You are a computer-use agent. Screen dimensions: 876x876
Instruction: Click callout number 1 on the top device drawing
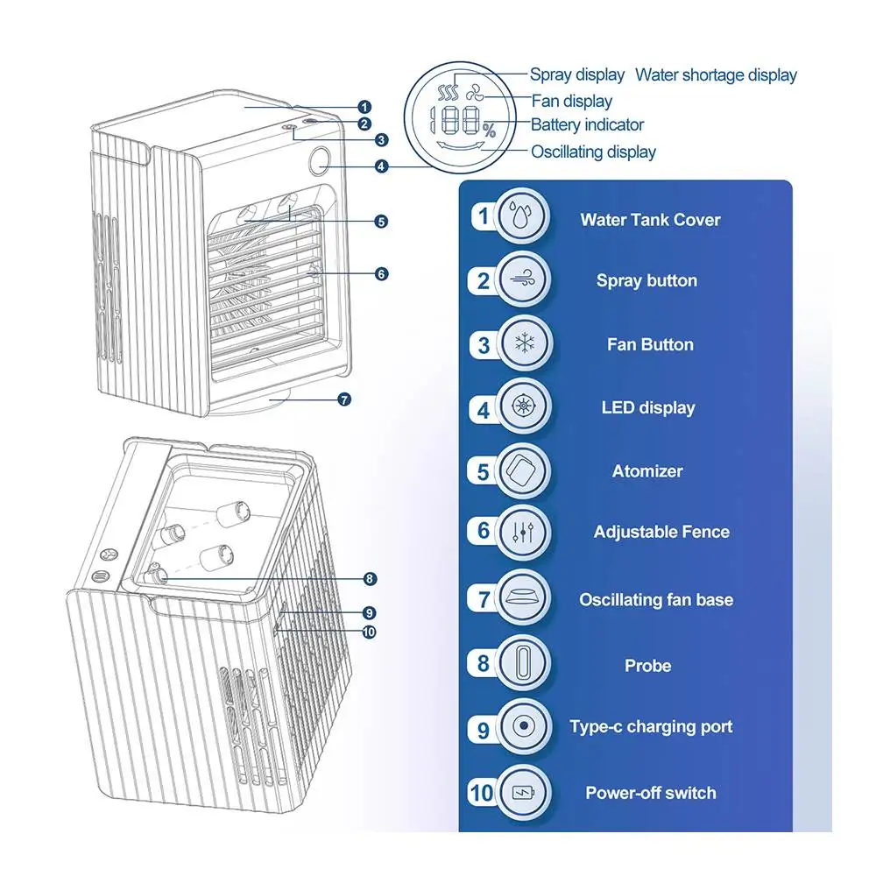pos(364,107)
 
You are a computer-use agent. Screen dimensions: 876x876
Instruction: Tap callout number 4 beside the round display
pos(381,166)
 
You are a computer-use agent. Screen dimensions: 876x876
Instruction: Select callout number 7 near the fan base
pos(344,399)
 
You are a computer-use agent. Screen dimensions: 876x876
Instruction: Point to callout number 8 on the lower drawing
pos(370,579)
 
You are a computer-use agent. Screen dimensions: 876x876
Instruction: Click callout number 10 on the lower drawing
pos(369,632)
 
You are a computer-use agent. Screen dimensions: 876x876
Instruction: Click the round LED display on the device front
pos(320,158)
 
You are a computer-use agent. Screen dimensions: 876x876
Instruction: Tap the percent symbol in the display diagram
pos(490,131)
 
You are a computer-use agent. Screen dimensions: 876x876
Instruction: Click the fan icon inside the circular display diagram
pos(474,93)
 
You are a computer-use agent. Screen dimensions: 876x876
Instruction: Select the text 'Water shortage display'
pos(716,74)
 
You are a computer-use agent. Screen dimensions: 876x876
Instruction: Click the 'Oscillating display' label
pos(593,152)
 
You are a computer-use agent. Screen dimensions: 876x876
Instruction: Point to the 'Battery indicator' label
pos(587,124)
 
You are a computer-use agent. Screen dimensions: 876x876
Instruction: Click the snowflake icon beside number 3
pos(524,343)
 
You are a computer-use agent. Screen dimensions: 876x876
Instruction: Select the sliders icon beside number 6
pos(523,532)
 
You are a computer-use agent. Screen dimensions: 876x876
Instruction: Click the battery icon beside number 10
pos(524,792)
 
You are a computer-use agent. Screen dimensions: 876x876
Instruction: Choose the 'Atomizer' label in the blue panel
pos(647,471)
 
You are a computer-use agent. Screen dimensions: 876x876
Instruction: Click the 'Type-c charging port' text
pos(651,726)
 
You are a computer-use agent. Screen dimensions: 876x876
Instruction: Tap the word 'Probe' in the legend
pos(647,666)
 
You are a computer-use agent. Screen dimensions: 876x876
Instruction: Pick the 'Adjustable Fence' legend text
pos(661,532)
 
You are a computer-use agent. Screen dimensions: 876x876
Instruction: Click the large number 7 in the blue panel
pos(484,599)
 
